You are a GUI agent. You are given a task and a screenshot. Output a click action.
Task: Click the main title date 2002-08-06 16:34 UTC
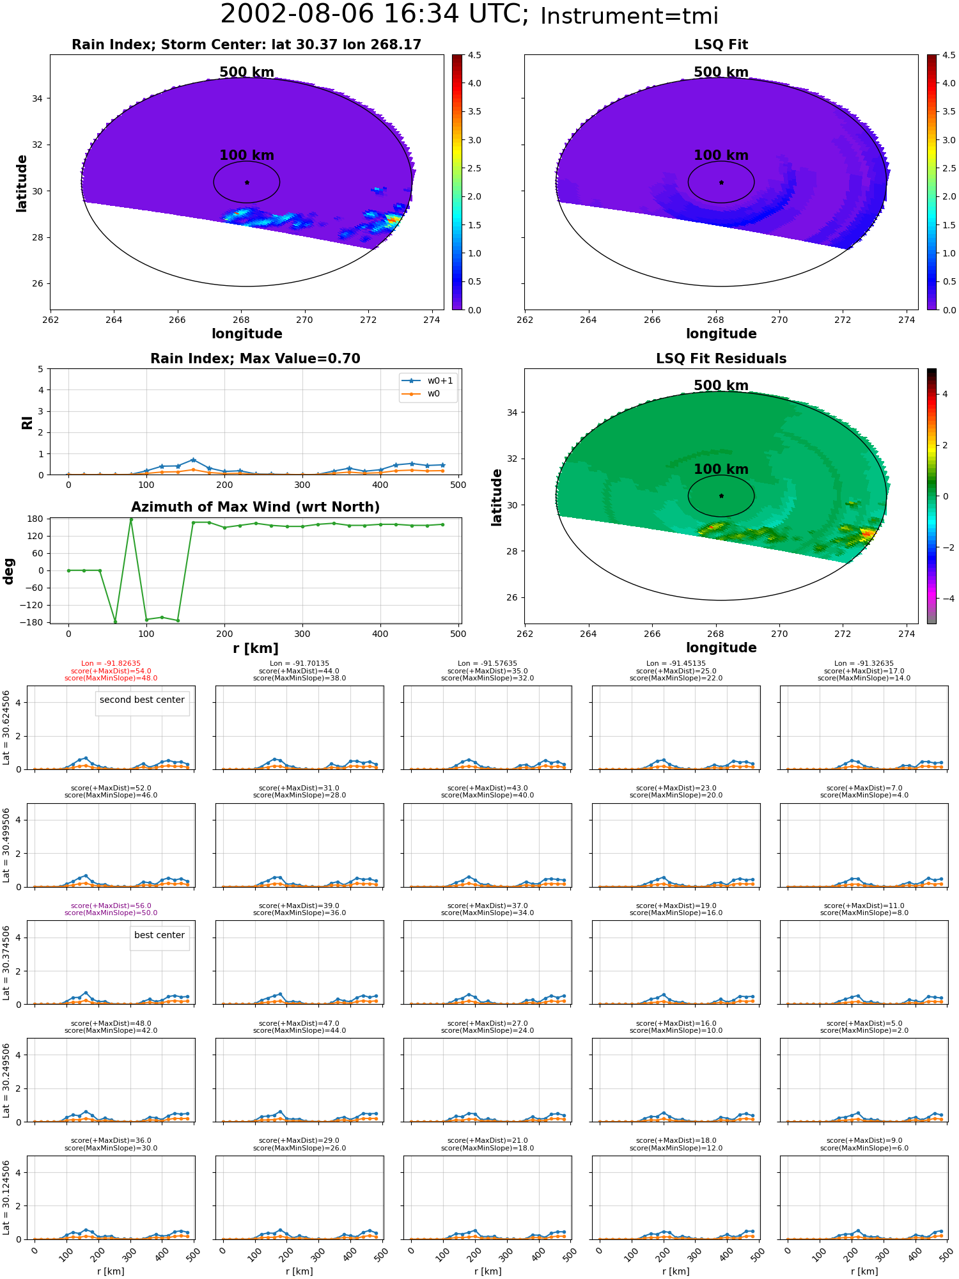tap(375, 15)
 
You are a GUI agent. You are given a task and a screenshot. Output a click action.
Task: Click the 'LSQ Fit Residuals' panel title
tap(721, 359)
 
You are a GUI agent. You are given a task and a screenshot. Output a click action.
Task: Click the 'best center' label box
tap(159, 935)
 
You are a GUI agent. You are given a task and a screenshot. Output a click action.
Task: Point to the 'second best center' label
tap(142, 700)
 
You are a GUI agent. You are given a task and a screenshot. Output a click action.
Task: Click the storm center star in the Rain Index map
tap(247, 182)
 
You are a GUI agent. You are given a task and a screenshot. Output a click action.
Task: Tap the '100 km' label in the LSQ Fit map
tap(721, 155)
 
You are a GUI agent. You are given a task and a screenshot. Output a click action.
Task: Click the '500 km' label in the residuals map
tap(721, 386)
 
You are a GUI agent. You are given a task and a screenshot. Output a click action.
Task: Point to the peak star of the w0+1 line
tap(193, 460)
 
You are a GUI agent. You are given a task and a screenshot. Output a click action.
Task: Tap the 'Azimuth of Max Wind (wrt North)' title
tap(255, 507)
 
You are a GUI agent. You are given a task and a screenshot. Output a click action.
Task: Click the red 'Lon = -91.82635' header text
tap(111, 664)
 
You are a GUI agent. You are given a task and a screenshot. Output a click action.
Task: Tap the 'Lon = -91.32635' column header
tap(864, 664)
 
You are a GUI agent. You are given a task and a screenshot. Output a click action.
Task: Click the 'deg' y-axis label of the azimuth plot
tap(9, 571)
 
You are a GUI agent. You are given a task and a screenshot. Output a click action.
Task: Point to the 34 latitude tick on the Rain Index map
tap(37, 98)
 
